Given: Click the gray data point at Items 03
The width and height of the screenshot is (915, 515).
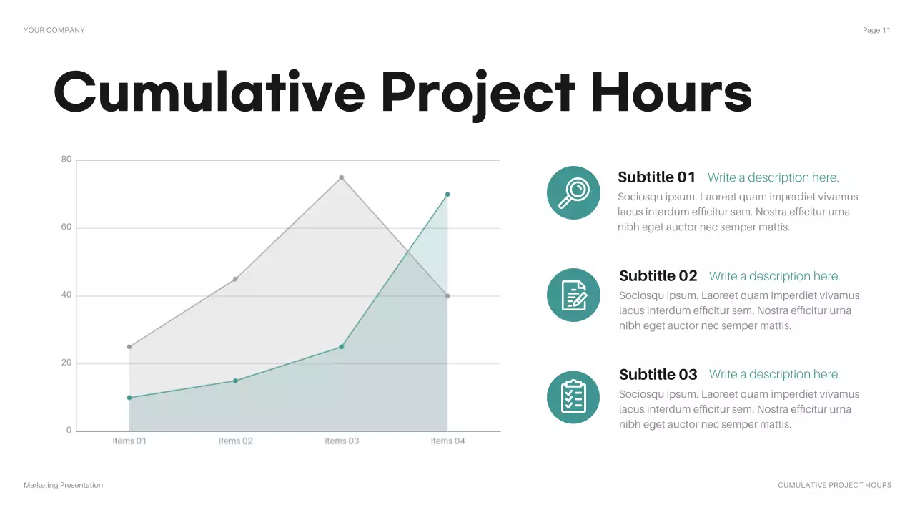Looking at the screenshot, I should coord(342,177).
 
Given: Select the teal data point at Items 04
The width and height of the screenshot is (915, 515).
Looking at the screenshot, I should coord(447,195).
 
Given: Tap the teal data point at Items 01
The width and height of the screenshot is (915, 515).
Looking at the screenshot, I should coord(129,398).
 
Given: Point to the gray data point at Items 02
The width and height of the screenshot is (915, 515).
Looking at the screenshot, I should coord(235,279).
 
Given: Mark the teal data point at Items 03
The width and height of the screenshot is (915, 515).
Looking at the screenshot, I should coord(342,347).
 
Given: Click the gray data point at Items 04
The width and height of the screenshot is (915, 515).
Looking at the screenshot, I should coord(447,296).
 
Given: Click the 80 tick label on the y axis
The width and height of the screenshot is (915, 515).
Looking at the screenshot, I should coord(66,160).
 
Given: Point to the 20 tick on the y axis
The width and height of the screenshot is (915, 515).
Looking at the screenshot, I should coord(66,363).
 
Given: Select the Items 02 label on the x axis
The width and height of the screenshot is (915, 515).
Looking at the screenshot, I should coord(235,441).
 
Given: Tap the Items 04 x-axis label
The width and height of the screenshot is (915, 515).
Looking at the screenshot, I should coord(447,441).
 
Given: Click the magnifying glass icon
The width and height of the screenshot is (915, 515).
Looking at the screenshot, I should coord(573,192).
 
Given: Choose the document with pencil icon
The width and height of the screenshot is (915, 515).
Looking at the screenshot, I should coord(573,295).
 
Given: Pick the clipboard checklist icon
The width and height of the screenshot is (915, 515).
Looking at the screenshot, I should coord(573,397).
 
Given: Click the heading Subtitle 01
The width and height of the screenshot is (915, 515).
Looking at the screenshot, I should coord(656,177).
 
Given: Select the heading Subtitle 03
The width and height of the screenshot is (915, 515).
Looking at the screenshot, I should coord(658,375).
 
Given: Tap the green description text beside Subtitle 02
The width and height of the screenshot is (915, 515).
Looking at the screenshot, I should coord(774,276).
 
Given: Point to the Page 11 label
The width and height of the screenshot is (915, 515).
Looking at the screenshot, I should coord(876,30).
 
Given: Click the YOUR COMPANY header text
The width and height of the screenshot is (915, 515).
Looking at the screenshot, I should coord(54,30).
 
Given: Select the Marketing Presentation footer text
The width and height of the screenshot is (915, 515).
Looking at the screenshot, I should coord(63,485).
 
